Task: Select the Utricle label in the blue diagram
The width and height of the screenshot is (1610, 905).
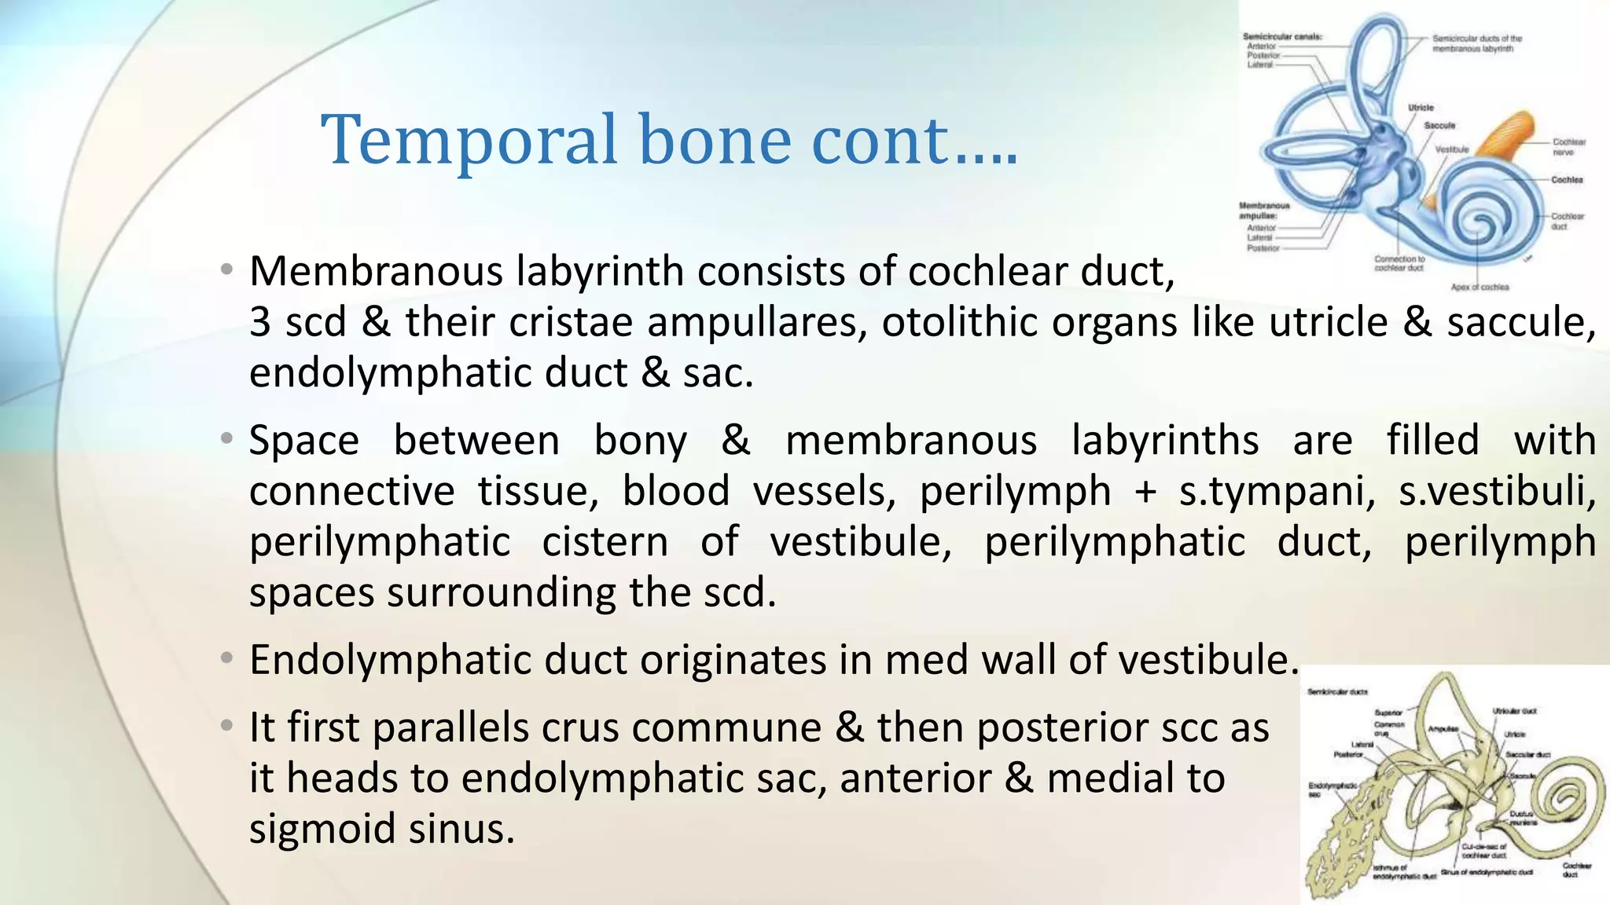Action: point(1421,108)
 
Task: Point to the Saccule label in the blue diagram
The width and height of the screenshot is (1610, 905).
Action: point(1439,126)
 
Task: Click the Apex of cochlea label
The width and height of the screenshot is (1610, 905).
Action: point(1480,288)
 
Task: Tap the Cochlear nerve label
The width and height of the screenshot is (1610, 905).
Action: point(1568,147)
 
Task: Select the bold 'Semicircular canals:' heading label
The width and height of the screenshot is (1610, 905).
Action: point(1282,37)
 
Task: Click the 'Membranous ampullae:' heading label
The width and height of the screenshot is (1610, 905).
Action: point(1265,211)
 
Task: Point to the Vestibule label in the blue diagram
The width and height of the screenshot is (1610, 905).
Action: point(1452,149)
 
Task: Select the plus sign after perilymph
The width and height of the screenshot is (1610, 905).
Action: point(1145,492)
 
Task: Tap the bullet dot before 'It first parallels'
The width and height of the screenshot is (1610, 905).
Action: point(226,726)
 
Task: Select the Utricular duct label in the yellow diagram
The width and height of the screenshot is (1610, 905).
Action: point(1514,711)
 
